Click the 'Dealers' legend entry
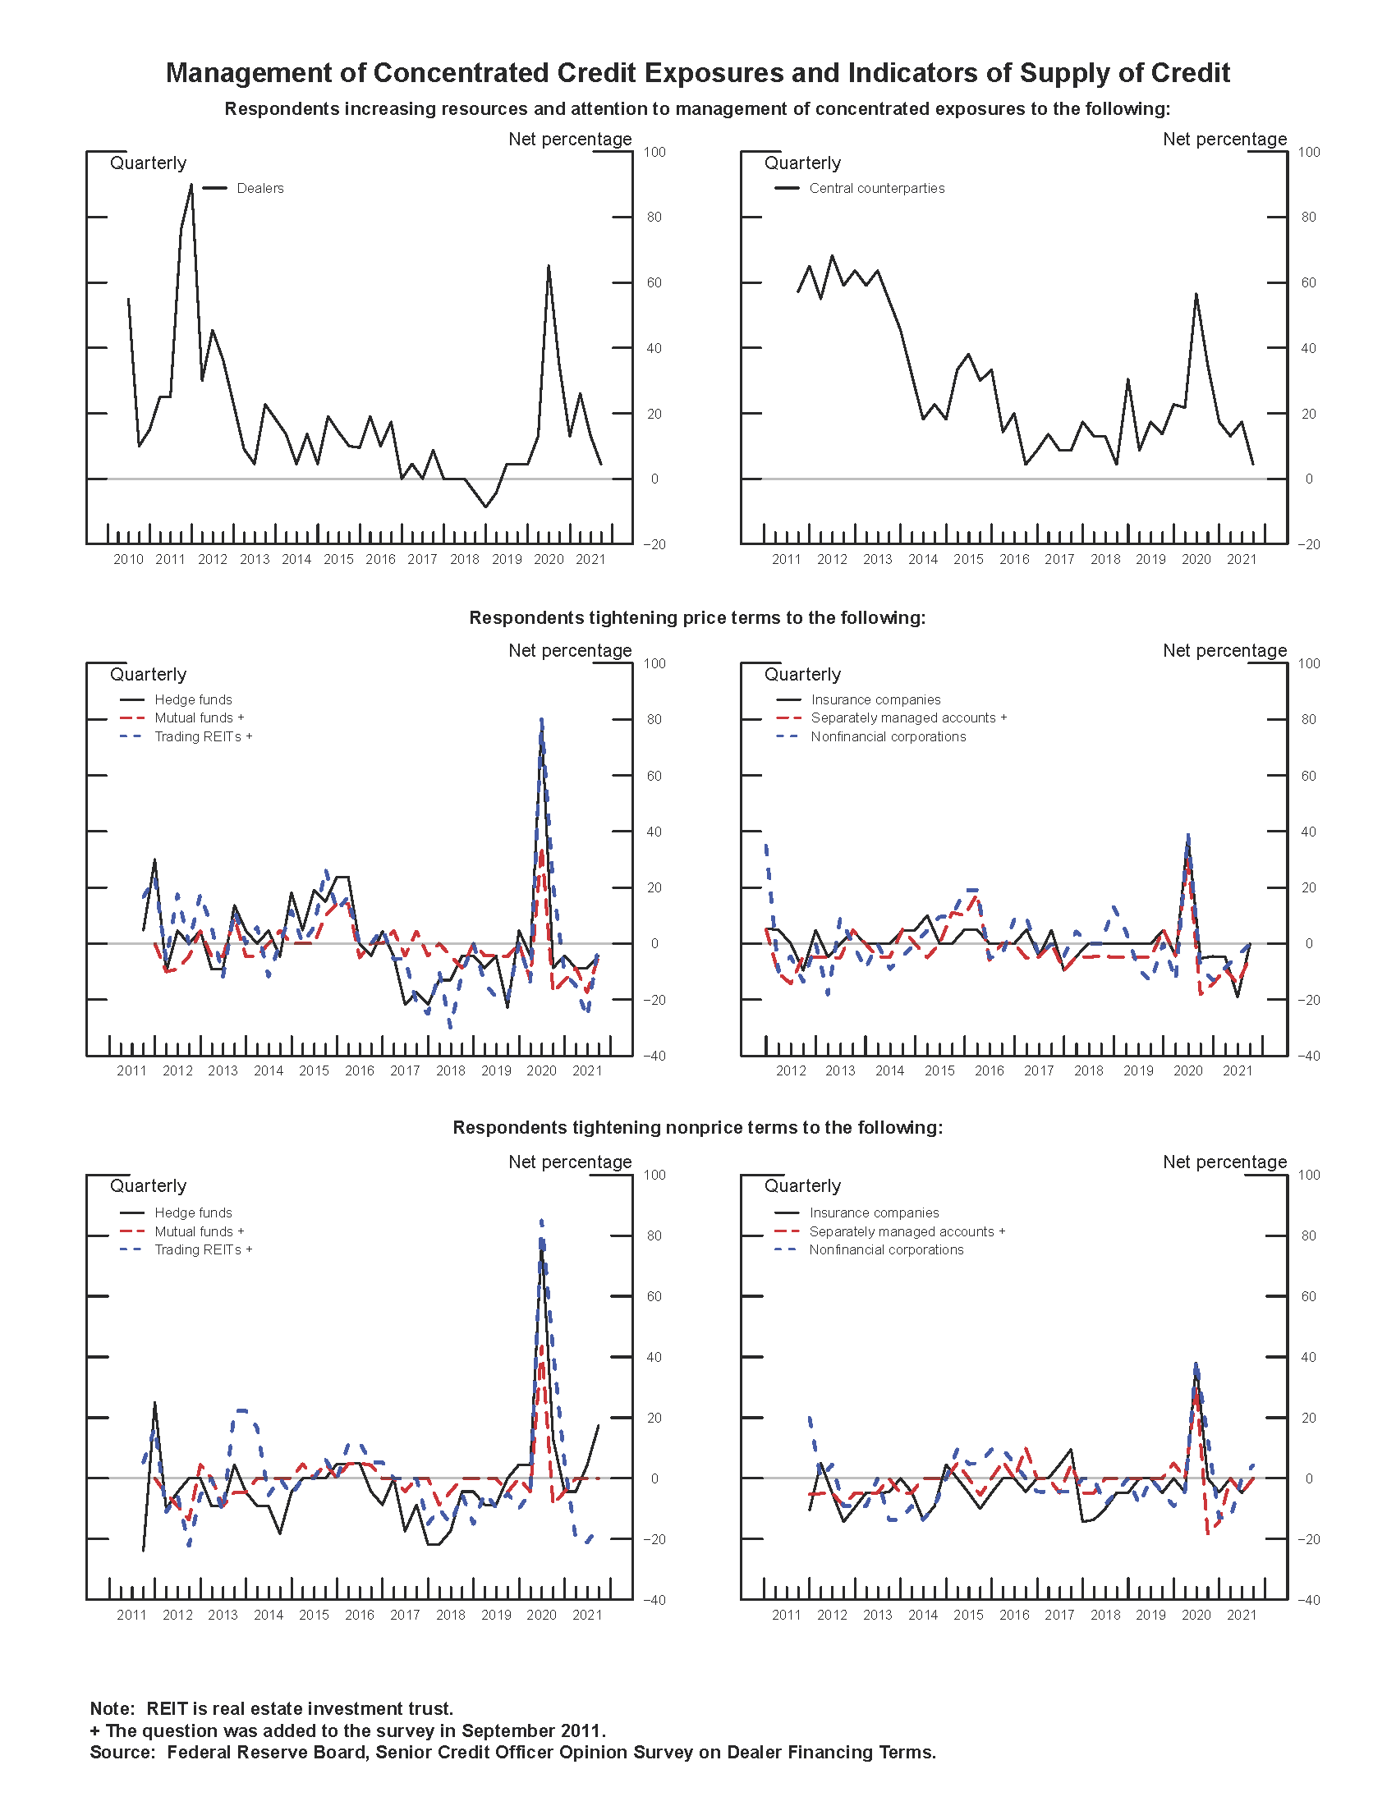click(x=259, y=189)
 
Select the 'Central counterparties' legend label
click(x=877, y=189)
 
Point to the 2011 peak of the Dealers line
click(x=191, y=186)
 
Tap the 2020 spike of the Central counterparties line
click(x=1196, y=295)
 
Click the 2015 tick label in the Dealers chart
click(x=338, y=560)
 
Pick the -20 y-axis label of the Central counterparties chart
click(x=1308, y=544)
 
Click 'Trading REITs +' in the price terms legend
click(x=203, y=737)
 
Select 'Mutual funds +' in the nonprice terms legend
click(x=199, y=1231)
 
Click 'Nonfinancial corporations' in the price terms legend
click(x=888, y=737)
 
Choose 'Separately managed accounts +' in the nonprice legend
click(x=907, y=1231)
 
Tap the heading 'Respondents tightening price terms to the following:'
click(x=697, y=617)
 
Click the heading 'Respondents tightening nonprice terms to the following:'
click(x=697, y=1128)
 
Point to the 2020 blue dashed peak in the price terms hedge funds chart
click(x=542, y=720)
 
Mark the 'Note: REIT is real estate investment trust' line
click(x=271, y=1708)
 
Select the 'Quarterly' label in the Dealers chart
click(x=148, y=163)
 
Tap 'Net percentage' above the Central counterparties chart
click(x=1224, y=139)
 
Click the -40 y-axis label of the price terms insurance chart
click(x=1308, y=1056)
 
